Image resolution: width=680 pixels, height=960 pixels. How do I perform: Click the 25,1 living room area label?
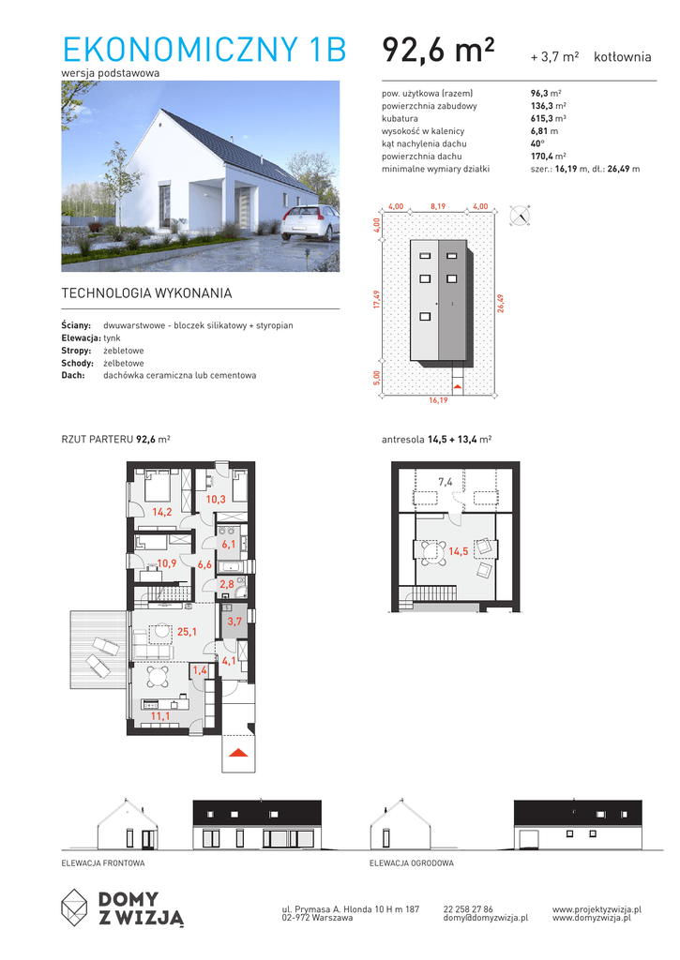[x=187, y=631]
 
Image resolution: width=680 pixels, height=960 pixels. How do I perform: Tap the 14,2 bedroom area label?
[x=161, y=512]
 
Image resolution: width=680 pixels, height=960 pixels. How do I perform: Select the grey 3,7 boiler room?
[x=234, y=621]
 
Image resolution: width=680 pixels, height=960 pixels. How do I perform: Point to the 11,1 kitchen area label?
[x=160, y=715]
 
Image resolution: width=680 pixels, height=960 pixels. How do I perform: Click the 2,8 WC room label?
[x=227, y=584]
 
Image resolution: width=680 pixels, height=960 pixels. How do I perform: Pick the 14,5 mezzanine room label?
[x=459, y=551]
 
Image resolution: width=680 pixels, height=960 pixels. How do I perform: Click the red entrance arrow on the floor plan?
[x=238, y=753]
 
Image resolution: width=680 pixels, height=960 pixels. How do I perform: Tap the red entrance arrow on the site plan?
[x=458, y=387]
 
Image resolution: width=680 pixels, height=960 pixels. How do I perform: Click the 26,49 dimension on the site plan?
[x=501, y=304]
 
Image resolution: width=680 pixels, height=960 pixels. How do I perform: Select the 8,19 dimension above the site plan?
[x=438, y=206]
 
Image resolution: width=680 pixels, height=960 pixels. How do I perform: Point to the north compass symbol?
[x=521, y=216]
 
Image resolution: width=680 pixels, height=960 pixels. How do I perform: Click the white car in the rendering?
[x=309, y=223]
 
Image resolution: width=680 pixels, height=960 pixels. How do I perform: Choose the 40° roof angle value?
[x=537, y=143]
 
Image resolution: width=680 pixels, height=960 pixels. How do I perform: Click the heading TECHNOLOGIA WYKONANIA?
[x=146, y=293]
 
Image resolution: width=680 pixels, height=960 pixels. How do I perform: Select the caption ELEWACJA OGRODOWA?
[x=412, y=863]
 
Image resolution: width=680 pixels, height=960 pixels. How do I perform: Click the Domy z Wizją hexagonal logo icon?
[x=74, y=907]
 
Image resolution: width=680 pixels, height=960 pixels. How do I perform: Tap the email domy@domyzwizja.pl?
[x=486, y=918]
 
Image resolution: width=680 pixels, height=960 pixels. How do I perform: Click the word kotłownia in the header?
[x=623, y=57]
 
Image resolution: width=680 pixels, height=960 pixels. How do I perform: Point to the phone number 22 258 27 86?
[x=468, y=909]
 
